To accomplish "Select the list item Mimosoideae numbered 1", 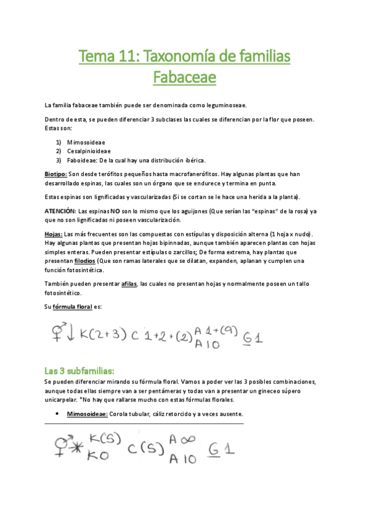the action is [x=87, y=142].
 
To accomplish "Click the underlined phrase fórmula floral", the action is [x=72, y=307].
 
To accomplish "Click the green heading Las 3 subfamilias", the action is [x=79, y=371].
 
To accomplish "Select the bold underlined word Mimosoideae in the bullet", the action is [x=87, y=414].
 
